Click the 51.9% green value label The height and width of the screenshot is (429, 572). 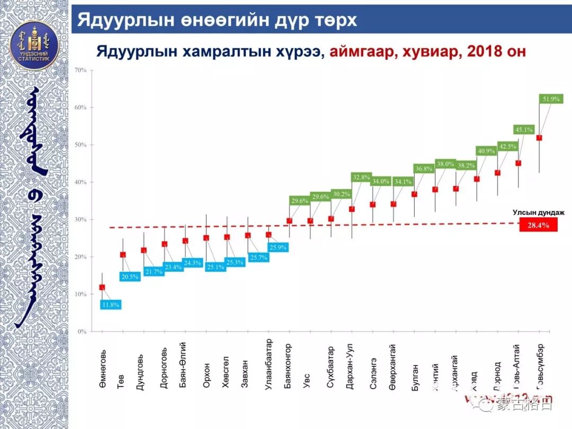(x=551, y=99)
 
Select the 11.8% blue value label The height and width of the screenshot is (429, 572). (x=111, y=305)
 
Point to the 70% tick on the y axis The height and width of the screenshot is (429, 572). (x=81, y=70)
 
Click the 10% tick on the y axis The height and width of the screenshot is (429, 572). (x=81, y=294)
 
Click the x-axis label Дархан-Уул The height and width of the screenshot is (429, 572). (x=350, y=368)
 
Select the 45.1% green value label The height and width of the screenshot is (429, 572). (x=524, y=129)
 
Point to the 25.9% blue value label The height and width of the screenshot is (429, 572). (x=278, y=247)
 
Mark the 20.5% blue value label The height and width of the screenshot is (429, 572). (x=129, y=276)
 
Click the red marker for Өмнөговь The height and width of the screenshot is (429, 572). (x=102, y=288)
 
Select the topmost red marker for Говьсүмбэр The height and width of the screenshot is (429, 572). (x=539, y=138)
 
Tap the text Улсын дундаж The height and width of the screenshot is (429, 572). (x=538, y=212)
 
